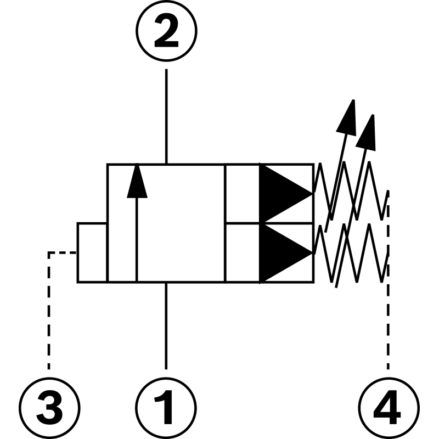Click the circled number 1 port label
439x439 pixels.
click(166, 407)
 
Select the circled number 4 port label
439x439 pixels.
click(388, 407)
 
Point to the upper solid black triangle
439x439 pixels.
click(283, 193)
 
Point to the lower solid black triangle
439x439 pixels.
click(283, 253)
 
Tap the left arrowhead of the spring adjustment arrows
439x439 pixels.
click(347, 116)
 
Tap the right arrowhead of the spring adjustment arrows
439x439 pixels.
click(367, 132)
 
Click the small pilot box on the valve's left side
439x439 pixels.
click(92, 252)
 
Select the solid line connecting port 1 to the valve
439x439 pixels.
click(166, 324)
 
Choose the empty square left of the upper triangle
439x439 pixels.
click(242, 193)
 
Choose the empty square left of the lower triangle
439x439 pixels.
click(242, 253)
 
